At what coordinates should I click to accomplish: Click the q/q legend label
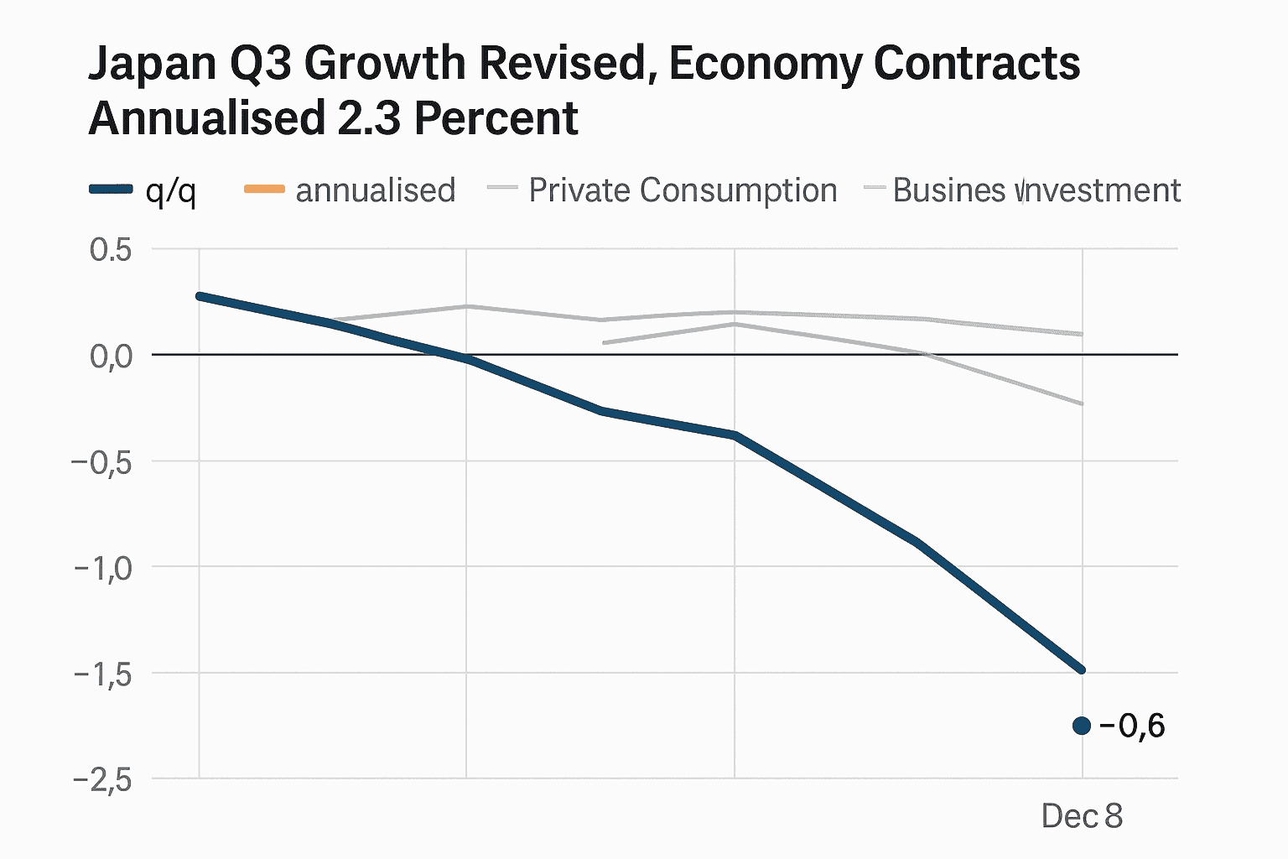tap(170, 191)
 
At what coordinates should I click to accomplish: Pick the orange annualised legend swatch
tap(264, 190)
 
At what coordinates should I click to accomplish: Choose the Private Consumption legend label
tap(683, 190)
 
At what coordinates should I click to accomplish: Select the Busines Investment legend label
tap(1036, 190)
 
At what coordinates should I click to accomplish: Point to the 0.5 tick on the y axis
tap(111, 250)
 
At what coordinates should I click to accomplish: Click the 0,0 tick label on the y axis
tap(111, 356)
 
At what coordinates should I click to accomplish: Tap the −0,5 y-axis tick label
tap(102, 462)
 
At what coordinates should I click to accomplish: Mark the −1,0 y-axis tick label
tap(102, 568)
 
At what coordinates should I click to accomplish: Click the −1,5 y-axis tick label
tap(102, 674)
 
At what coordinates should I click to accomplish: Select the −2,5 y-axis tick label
tap(102, 780)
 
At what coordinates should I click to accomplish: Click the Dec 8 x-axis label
tap(1082, 815)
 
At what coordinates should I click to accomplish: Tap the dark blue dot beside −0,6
tap(1082, 726)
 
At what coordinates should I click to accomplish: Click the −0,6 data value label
tap(1132, 726)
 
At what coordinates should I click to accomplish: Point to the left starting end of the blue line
tap(200, 296)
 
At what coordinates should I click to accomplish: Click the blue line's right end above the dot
tap(1082, 669)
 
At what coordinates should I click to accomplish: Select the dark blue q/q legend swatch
tap(111, 190)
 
